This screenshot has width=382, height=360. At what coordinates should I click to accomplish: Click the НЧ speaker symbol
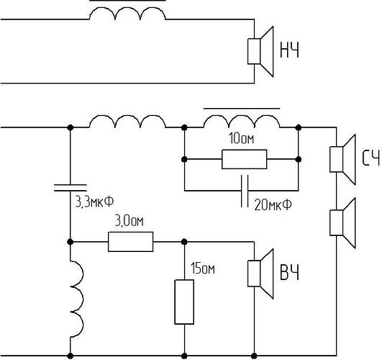[x=260, y=51]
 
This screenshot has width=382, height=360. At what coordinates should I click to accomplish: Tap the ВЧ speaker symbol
[x=260, y=274]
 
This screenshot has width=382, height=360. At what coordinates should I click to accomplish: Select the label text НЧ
[x=289, y=50]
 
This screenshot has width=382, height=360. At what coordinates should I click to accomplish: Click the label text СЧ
[x=370, y=158]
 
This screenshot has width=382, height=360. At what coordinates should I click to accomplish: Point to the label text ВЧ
[x=289, y=272]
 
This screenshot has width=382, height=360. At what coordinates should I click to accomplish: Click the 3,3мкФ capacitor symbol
[x=71, y=188]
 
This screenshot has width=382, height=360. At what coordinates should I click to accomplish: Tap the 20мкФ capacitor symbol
[x=245, y=191]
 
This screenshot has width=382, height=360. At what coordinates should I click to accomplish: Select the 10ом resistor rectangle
[x=245, y=159]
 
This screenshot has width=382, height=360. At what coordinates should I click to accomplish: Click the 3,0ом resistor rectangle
[x=131, y=242]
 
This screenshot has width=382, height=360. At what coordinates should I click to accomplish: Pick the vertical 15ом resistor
[x=184, y=302]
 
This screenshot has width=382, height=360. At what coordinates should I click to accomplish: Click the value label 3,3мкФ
[x=94, y=202]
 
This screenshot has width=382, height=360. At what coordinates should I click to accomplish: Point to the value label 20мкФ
[x=273, y=204]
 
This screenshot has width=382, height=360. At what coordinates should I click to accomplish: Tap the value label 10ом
[x=242, y=138]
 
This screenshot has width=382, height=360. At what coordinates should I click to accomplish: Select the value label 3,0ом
[x=129, y=221]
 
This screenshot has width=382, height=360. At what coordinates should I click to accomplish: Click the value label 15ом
[x=203, y=269]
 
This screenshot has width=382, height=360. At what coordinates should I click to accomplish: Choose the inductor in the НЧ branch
[x=127, y=14]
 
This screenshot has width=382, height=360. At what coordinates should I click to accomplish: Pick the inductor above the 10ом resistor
[x=242, y=121]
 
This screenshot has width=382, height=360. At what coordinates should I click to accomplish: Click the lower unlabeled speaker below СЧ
[x=342, y=222]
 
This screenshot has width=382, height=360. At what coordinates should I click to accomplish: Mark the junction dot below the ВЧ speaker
[x=254, y=356]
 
